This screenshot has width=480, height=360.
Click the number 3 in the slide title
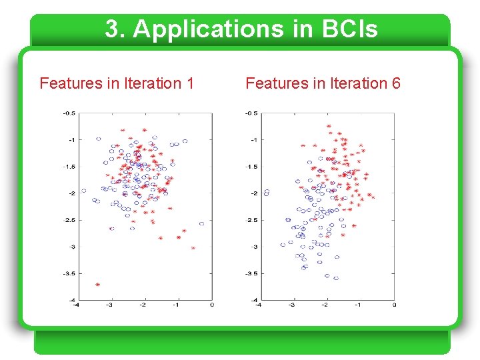[x=113, y=29]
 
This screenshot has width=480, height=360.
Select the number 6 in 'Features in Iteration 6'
[x=396, y=83]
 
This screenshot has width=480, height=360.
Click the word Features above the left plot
[x=71, y=83]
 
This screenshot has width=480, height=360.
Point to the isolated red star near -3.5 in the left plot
[x=98, y=285]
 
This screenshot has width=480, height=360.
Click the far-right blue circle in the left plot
[x=201, y=223]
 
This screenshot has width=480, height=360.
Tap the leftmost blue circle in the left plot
[x=83, y=191]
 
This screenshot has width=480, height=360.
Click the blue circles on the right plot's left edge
[x=267, y=193]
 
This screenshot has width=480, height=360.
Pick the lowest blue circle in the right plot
[x=336, y=278]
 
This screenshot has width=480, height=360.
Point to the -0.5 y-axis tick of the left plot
[x=69, y=113]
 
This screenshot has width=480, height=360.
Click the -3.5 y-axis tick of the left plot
[x=69, y=273]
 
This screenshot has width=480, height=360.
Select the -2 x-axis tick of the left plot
[x=143, y=305]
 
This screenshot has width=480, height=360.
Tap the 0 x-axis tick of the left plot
[x=212, y=305]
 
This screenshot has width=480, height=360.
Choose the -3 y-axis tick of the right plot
[x=253, y=247]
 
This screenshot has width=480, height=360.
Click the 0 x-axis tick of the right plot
[x=394, y=305]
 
